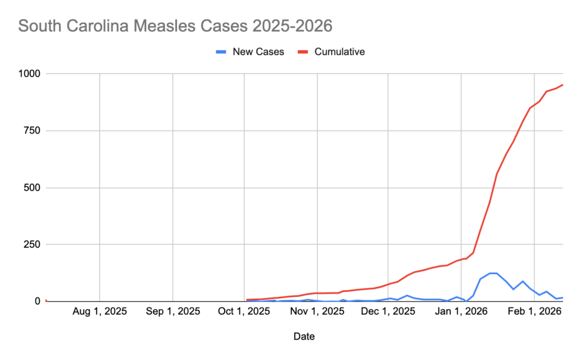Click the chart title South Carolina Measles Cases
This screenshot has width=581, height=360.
tap(175, 26)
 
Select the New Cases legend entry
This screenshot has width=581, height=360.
tap(258, 52)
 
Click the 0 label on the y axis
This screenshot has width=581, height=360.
tap(37, 301)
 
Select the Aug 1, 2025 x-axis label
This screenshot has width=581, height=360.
tap(99, 312)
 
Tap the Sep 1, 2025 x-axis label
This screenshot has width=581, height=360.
tap(172, 312)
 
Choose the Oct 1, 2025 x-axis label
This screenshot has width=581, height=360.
tap(244, 312)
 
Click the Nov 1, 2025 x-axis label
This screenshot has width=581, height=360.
tap(317, 312)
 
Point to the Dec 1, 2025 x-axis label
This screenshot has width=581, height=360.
tap(388, 312)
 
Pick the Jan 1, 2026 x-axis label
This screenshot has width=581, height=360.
tap(461, 312)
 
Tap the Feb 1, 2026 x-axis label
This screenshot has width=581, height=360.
tap(534, 312)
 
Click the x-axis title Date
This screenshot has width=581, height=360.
tap(304, 336)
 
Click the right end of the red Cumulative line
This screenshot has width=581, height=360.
tap(562, 85)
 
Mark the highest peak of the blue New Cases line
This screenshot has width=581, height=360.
tap(493, 273)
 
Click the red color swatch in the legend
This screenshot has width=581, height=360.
tap(303, 52)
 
